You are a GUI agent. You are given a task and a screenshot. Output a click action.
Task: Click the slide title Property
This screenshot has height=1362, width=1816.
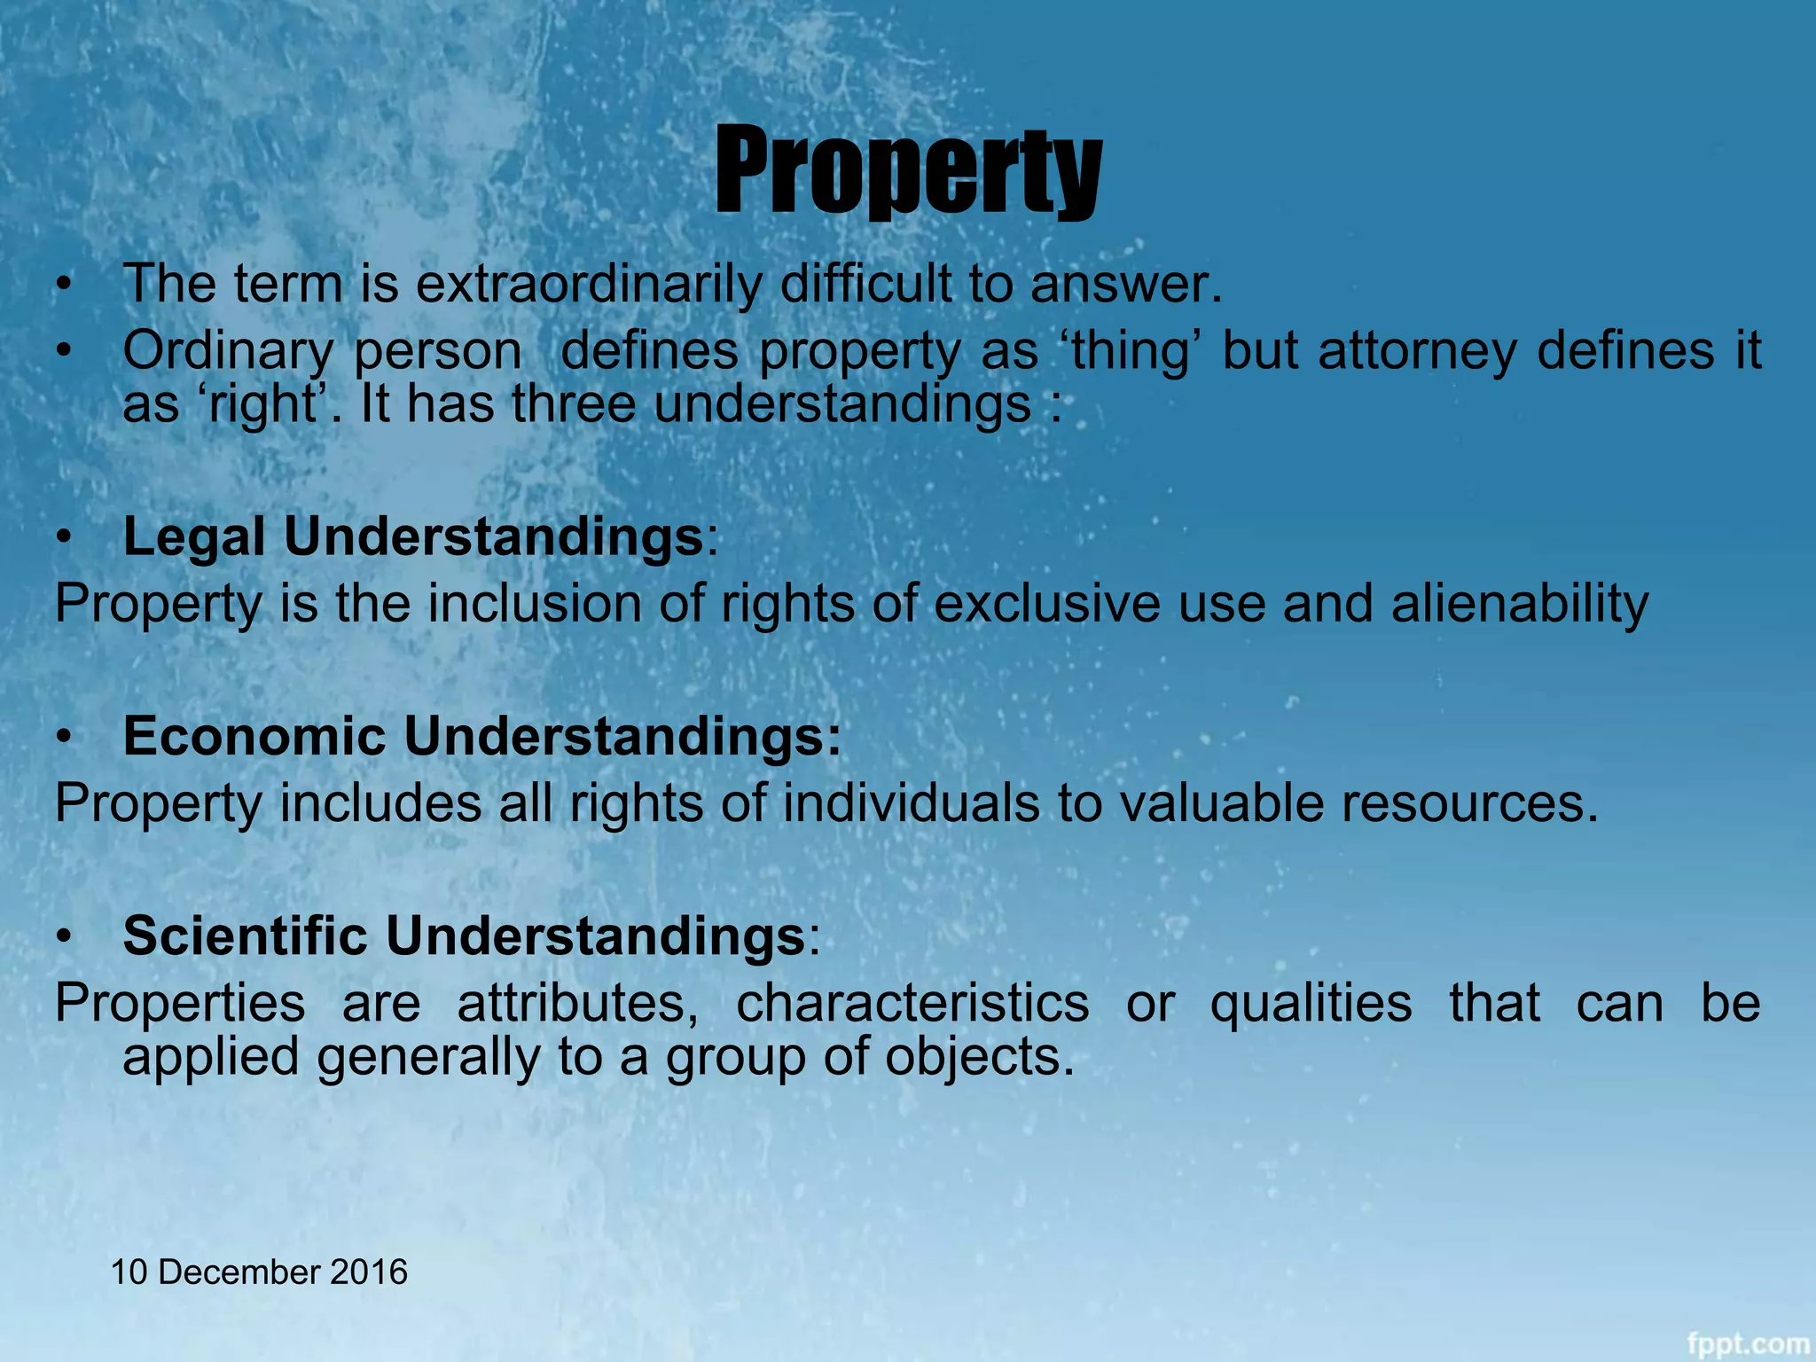pyautogui.click(x=908, y=170)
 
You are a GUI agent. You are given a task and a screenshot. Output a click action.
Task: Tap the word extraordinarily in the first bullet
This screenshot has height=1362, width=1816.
pyautogui.click(x=589, y=286)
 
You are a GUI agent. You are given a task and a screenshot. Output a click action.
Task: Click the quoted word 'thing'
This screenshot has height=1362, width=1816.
pyautogui.click(x=1131, y=351)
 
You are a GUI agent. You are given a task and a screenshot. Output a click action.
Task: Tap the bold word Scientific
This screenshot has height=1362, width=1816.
pyautogui.click(x=245, y=936)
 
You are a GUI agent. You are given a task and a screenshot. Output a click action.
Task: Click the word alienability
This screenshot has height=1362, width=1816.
pyautogui.click(x=1519, y=605)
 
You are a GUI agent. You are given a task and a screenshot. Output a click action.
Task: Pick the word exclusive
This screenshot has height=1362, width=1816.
pyautogui.click(x=1046, y=605)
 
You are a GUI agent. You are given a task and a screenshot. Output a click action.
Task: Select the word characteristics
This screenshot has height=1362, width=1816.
pyautogui.click(x=912, y=1004)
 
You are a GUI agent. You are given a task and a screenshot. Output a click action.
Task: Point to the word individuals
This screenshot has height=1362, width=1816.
pyautogui.click(x=911, y=804)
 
